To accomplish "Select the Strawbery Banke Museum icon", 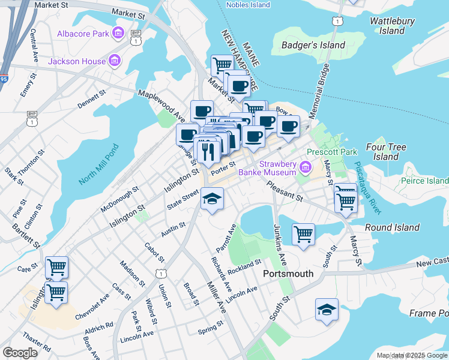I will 306,166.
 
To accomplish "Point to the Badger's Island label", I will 313,45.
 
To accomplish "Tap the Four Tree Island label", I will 386,152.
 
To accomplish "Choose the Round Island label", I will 393,227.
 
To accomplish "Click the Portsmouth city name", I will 289,274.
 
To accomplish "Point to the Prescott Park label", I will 331,152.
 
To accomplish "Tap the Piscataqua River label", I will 367,187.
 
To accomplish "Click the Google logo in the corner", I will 20,353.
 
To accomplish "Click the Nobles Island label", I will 248,5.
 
